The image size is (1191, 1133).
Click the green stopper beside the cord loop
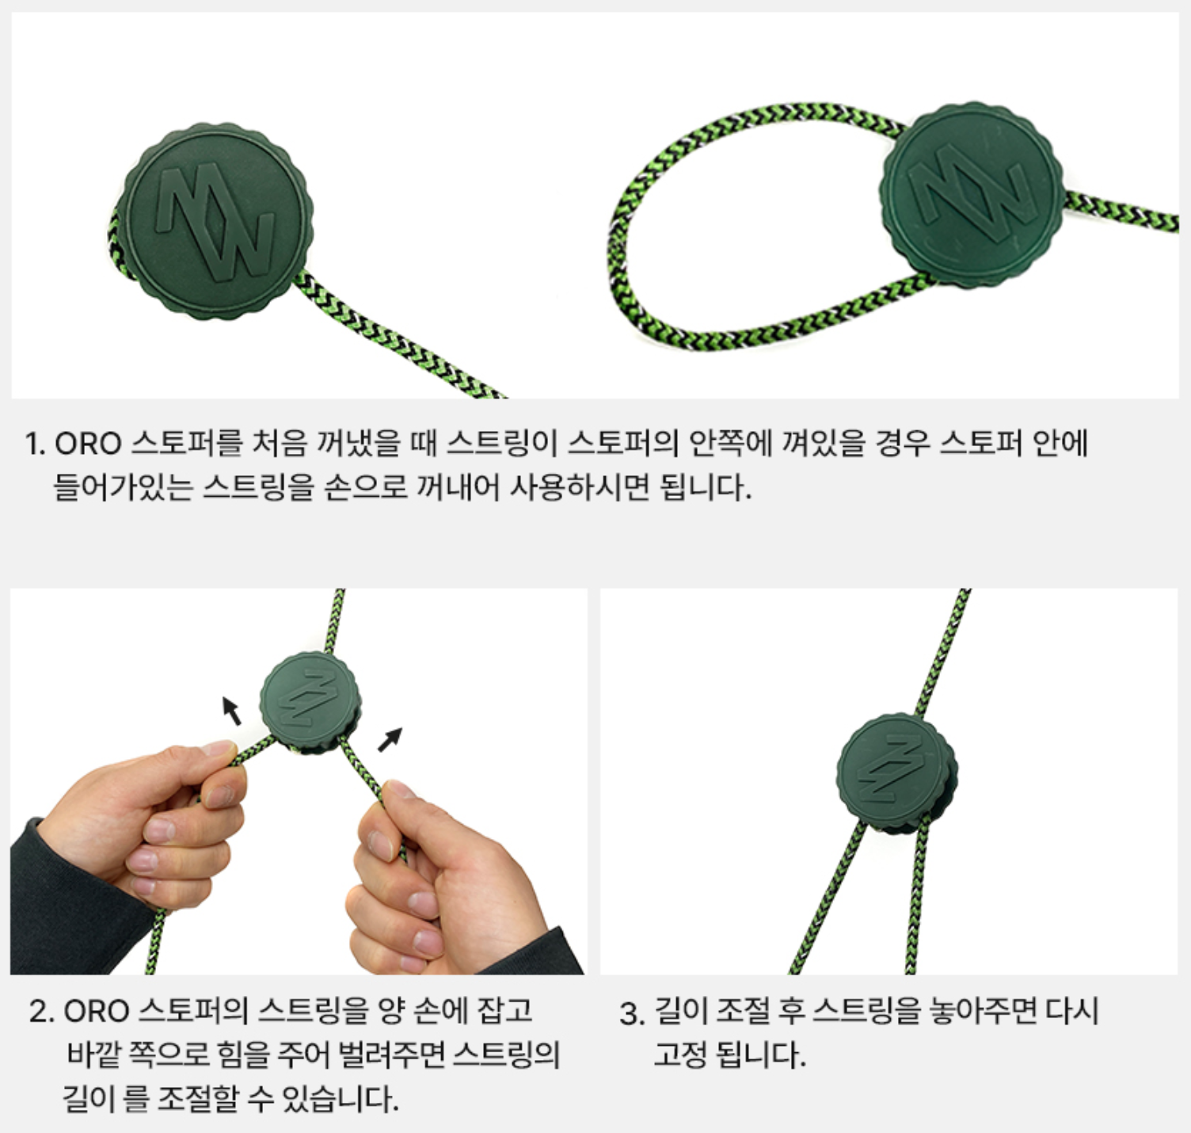(971, 195)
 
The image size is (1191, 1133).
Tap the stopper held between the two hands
(310, 702)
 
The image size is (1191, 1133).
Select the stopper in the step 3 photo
(896, 773)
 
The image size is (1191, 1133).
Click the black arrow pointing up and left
(231, 711)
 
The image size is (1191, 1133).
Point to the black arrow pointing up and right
(390, 739)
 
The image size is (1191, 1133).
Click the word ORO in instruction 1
(88, 444)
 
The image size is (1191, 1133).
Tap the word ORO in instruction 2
(97, 1010)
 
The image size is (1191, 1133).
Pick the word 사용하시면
(579, 486)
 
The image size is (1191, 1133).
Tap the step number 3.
(632, 1013)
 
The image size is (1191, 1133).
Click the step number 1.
(35, 444)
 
